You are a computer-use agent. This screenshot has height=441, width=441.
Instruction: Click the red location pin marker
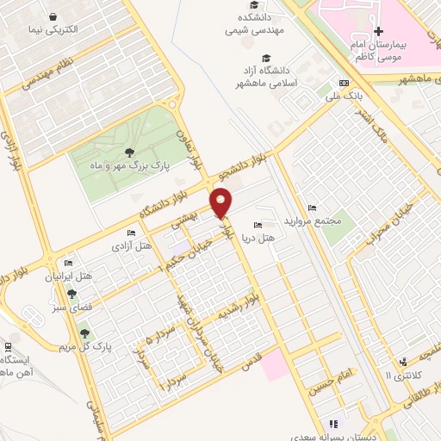coord(222,204)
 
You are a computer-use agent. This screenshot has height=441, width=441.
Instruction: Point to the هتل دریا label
coord(280,237)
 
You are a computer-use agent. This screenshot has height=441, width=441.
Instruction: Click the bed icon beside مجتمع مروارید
coord(312,208)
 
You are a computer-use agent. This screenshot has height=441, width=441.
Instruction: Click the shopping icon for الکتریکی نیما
coord(54,16)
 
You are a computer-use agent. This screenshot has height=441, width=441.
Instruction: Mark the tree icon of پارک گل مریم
coord(84,333)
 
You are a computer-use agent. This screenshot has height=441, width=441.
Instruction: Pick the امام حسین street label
coord(333,376)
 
